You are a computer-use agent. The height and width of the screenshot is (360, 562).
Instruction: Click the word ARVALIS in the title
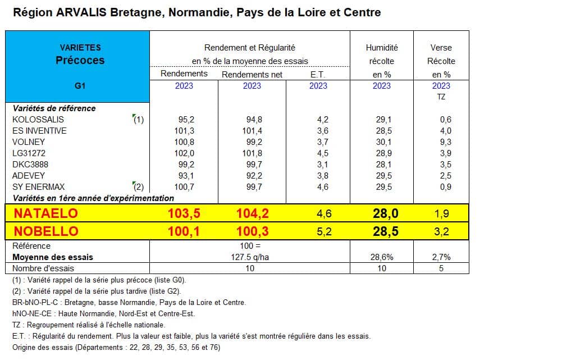point(81,12)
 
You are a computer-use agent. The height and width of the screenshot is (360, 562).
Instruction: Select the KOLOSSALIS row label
point(38,120)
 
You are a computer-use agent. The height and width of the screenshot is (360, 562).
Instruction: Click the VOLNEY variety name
point(29,142)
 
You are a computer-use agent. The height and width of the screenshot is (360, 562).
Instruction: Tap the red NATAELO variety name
point(46,213)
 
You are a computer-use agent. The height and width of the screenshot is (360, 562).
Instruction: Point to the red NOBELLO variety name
point(46,231)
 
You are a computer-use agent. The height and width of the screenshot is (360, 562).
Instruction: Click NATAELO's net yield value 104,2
point(252,213)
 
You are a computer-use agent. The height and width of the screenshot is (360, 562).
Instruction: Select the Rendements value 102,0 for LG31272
point(184,153)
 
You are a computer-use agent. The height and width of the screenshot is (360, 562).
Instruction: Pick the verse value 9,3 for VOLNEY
point(446,142)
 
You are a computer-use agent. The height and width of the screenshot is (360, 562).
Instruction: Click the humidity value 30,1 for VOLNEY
point(383,142)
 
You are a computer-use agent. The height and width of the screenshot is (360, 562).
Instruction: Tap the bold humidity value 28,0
point(386,213)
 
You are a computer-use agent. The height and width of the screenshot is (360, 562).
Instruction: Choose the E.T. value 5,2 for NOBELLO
point(324,231)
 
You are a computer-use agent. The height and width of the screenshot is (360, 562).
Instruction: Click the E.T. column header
point(318,75)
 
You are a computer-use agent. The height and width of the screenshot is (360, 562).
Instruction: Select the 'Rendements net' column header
point(252,75)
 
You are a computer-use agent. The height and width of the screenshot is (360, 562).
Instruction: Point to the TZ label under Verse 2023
point(441,97)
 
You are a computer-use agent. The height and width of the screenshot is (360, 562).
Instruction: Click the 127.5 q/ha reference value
point(250,257)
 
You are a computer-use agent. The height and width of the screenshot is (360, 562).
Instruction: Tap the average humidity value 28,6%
point(382,257)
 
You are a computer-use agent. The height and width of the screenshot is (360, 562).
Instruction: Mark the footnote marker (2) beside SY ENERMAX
point(138,187)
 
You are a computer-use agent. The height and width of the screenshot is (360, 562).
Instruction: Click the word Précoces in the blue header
point(80,60)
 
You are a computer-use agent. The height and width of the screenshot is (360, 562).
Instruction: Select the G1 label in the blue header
point(80,86)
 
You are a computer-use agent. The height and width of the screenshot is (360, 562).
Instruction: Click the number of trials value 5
point(441,268)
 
